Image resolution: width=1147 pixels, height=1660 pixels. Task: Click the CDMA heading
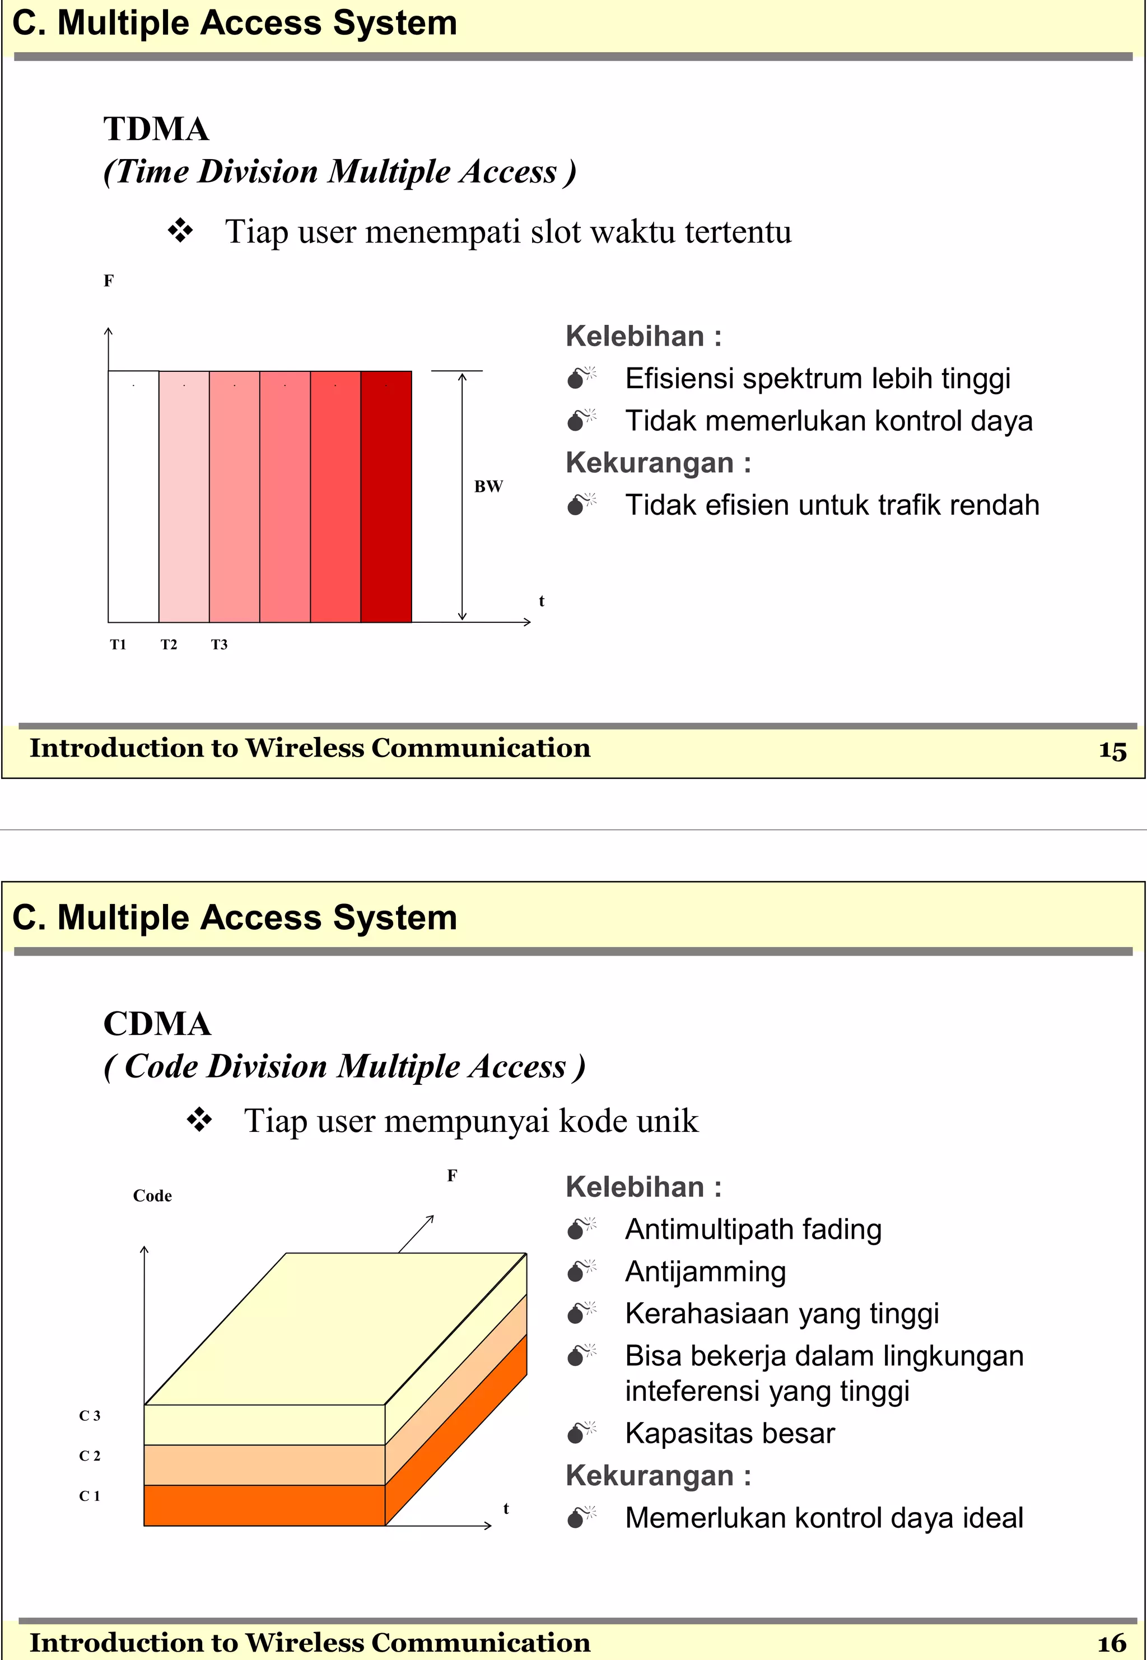click(x=157, y=1023)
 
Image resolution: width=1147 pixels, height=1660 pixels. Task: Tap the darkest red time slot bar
click(x=386, y=496)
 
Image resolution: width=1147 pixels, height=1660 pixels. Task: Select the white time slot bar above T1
click(x=133, y=496)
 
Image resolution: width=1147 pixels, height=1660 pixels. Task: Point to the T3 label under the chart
click(x=218, y=645)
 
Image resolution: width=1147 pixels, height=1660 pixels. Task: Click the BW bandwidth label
click(x=488, y=487)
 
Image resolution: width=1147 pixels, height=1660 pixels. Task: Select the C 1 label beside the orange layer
click(x=89, y=1495)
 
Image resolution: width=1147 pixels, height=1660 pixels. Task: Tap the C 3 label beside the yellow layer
click(x=89, y=1415)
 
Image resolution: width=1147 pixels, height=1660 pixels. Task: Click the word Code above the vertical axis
click(x=152, y=1196)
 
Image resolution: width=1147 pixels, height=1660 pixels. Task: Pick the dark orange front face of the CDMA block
click(x=264, y=1505)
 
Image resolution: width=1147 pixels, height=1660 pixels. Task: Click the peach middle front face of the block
click(x=264, y=1465)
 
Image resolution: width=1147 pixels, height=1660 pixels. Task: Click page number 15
click(x=1112, y=750)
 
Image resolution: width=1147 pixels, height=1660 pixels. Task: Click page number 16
click(x=1112, y=1643)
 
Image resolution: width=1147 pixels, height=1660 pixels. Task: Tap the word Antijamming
click(x=705, y=1271)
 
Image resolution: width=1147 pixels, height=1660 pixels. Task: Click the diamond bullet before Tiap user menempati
click(x=180, y=231)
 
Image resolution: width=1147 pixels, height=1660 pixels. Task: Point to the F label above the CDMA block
click(x=451, y=1176)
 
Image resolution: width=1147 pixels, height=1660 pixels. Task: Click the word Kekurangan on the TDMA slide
click(x=649, y=463)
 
